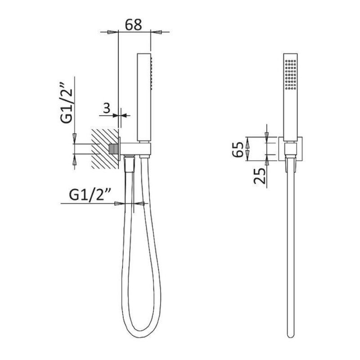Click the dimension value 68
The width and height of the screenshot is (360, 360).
click(x=133, y=25)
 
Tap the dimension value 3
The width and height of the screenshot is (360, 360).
click(x=107, y=108)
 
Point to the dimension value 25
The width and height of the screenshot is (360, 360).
click(x=260, y=176)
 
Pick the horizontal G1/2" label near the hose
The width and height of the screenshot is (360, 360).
click(x=90, y=195)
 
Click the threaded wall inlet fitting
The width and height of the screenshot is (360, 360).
click(x=112, y=149)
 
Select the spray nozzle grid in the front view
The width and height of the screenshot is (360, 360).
click(x=290, y=75)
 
